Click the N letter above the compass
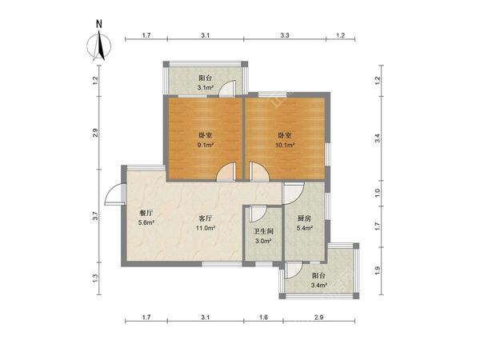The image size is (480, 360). tap(99, 24)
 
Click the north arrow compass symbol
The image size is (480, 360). tap(99, 46)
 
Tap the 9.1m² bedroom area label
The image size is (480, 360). tap(205, 145)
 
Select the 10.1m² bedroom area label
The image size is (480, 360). tap(286, 145)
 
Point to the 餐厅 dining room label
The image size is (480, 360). tap(146, 213)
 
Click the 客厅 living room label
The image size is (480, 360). tap(206, 218)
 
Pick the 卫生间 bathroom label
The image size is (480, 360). tap(263, 231)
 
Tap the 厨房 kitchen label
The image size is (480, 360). tap(304, 218)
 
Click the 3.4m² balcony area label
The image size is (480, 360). tap(319, 286)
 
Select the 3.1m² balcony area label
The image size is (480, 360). tap(205, 87)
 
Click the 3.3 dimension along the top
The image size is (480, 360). tap(285, 35)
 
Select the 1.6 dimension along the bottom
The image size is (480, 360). tap(263, 318)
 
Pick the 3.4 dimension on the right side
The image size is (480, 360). tap(378, 138)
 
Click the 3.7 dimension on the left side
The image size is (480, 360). tap(96, 217)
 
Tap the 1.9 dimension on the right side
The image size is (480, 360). tap(378, 270)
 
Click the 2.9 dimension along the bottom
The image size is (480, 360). tap(319, 318)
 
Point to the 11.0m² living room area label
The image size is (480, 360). tap(206, 228)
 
